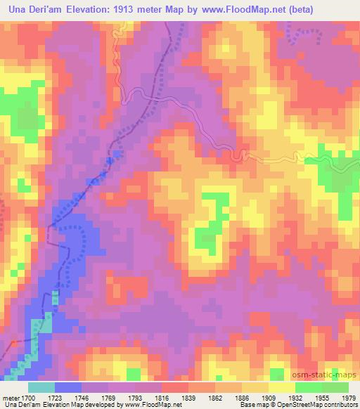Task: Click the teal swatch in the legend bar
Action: tap(41, 387)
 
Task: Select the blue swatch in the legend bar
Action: tap(68, 387)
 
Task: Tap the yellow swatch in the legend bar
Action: tap(281, 387)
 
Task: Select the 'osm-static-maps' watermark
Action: tap(330, 373)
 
